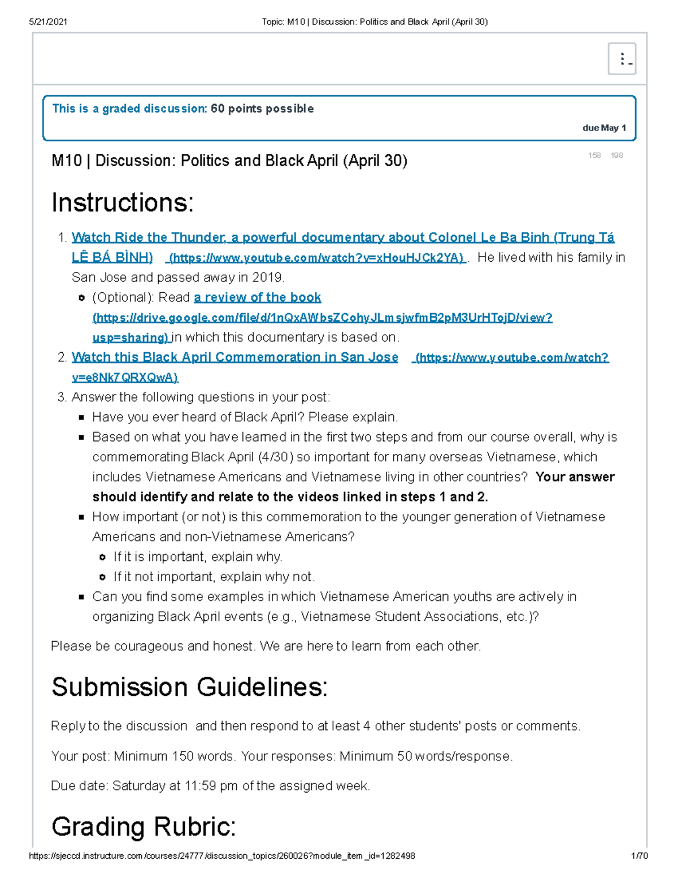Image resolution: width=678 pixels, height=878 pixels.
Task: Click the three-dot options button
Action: pyautogui.click(x=621, y=59)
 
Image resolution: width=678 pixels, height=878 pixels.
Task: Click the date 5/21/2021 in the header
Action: pyautogui.click(x=48, y=21)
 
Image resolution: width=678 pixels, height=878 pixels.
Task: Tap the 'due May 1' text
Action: pyautogui.click(x=603, y=128)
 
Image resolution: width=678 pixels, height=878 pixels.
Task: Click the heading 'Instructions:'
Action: pyautogui.click(x=123, y=202)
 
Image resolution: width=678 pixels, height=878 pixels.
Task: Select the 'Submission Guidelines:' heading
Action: pyautogui.click(x=189, y=687)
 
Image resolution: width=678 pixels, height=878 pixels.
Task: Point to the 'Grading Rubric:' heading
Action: pyautogui.click(x=144, y=827)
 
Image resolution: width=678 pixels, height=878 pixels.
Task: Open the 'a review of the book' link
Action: pyautogui.click(x=257, y=297)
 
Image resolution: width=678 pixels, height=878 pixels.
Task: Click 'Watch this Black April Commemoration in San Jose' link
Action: pyautogui.click(x=234, y=357)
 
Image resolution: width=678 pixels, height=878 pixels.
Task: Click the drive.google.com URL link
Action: pyautogui.click(x=322, y=318)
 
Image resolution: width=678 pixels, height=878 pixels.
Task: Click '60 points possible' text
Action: pyautogui.click(x=262, y=109)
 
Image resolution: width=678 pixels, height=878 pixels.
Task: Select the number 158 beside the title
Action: pyautogui.click(x=594, y=155)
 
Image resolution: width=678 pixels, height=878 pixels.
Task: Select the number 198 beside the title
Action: pyautogui.click(x=616, y=155)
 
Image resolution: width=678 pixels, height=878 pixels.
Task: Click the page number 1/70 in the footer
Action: pyautogui.click(x=639, y=856)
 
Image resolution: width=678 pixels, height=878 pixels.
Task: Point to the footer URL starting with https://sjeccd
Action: pyautogui.click(x=221, y=856)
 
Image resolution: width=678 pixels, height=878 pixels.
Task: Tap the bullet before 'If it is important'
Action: pyautogui.click(x=102, y=557)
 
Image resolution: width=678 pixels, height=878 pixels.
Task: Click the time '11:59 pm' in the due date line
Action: pyautogui.click(x=211, y=786)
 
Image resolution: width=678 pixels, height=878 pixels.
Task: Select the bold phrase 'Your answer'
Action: pyautogui.click(x=575, y=477)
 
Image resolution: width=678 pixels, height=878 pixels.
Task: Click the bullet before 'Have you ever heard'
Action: pyautogui.click(x=81, y=417)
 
